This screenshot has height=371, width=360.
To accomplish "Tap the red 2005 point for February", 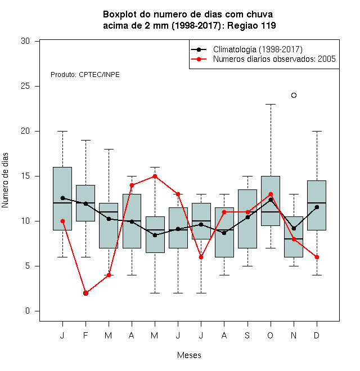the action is point(85,293).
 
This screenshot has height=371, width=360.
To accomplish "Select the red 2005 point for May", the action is point(155,177).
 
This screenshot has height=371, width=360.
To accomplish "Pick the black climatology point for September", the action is point(247,217).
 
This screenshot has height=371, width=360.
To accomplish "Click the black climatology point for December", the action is point(317,207).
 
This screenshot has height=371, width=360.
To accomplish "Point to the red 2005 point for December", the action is point(317,257).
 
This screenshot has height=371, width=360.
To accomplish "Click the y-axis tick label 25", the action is point(25,86).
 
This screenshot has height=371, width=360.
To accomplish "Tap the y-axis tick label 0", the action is point(28,311).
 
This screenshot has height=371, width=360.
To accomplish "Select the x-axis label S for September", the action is point(247,335).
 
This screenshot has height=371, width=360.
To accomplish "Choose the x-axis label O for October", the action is point(270,335).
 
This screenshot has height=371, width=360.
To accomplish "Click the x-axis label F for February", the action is point(85,335).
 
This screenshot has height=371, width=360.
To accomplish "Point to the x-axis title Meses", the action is point(189,355).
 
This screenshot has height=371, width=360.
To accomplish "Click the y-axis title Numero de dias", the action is point(5,180).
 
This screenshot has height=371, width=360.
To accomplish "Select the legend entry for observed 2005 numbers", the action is point(263,59).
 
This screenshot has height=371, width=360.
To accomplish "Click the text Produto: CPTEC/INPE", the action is point(85,75).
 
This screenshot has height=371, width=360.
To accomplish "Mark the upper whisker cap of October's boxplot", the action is point(271,104).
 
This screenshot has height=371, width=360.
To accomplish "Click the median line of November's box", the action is point(294,239).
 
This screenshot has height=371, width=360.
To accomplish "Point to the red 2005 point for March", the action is point(109,275).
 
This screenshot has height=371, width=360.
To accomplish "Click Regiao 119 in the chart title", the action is point(251,25).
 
